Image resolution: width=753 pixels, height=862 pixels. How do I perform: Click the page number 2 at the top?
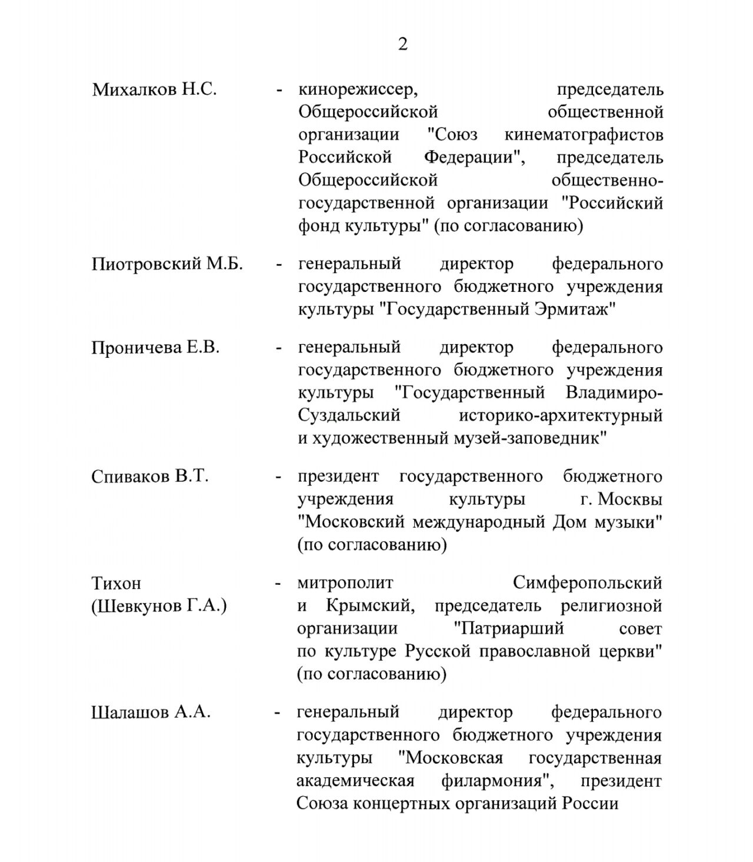point(402,44)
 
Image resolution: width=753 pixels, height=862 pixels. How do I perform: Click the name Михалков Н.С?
point(154,90)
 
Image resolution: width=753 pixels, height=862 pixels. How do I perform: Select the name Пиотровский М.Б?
point(167,264)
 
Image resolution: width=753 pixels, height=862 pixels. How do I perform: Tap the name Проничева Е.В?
point(155,347)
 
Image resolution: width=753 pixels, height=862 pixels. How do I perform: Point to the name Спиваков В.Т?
point(150,476)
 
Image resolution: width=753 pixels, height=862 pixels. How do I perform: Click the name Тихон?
point(116,583)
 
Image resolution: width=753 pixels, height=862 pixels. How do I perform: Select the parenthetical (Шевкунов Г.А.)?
point(159,605)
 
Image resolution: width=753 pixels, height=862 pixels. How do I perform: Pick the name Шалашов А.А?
point(151,712)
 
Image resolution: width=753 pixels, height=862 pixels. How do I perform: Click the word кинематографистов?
point(584,135)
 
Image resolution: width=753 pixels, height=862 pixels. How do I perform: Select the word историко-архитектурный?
point(560,415)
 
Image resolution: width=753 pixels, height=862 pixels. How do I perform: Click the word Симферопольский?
point(587,583)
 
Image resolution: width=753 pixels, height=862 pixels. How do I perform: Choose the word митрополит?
point(345,583)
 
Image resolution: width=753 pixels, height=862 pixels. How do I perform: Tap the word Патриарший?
point(509,628)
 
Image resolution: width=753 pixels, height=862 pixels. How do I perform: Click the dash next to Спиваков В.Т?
point(278,476)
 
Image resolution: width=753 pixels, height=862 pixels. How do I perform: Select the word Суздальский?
point(349,415)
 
